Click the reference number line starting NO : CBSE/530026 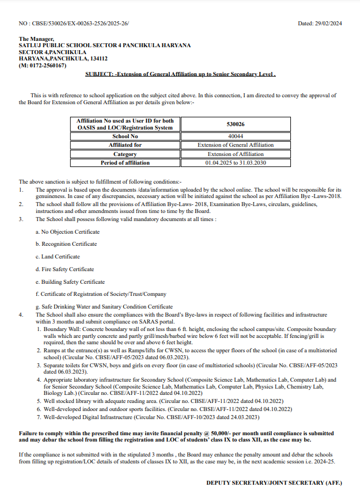[74, 24]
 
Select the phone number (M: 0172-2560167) [43, 66]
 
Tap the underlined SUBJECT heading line [181, 74]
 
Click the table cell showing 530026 [236, 124]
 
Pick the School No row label [125, 136]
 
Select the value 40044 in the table [236, 136]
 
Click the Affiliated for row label [125, 145]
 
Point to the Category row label [125, 154]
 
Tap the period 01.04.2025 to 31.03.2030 [236, 163]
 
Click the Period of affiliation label [125, 163]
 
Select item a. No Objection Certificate [67, 232]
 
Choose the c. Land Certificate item [58, 257]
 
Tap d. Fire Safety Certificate [65, 269]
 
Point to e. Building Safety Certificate [70, 282]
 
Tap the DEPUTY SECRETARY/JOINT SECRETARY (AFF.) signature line [274, 482]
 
